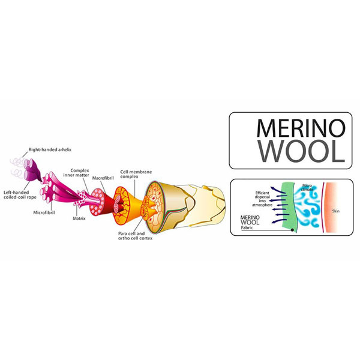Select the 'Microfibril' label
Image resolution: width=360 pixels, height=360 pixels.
click(46, 212)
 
